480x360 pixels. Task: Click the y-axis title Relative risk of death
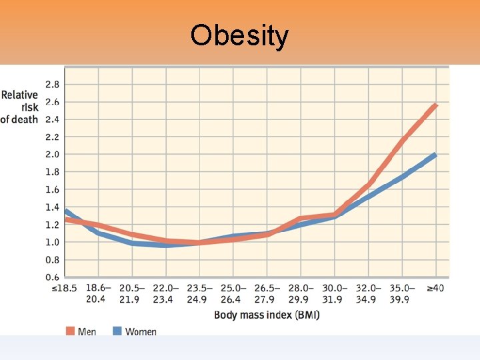click(x=19, y=107)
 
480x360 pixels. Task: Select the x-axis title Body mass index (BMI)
click(x=267, y=315)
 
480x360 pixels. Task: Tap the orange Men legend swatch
click(x=71, y=331)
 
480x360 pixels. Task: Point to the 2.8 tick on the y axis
click(x=51, y=85)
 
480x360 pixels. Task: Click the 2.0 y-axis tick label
click(x=51, y=154)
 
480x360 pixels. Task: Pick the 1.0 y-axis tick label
click(x=51, y=242)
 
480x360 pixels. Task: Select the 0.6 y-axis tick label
click(x=51, y=277)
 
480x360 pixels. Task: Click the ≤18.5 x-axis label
click(x=64, y=288)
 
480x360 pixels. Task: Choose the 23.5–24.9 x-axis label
click(x=198, y=293)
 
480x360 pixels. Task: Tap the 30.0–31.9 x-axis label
click(x=333, y=293)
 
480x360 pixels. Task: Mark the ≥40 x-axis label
click(x=435, y=288)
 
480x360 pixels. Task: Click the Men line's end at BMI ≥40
click(x=435, y=105)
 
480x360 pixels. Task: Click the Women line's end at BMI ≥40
click(x=435, y=155)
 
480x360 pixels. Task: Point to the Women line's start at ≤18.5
click(x=65, y=211)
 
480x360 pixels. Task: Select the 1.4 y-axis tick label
click(x=51, y=207)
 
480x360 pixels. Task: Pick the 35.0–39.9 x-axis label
click(x=401, y=293)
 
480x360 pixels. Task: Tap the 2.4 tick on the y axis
click(x=51, y=119)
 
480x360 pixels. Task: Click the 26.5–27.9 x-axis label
click(x=266, y=293)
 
